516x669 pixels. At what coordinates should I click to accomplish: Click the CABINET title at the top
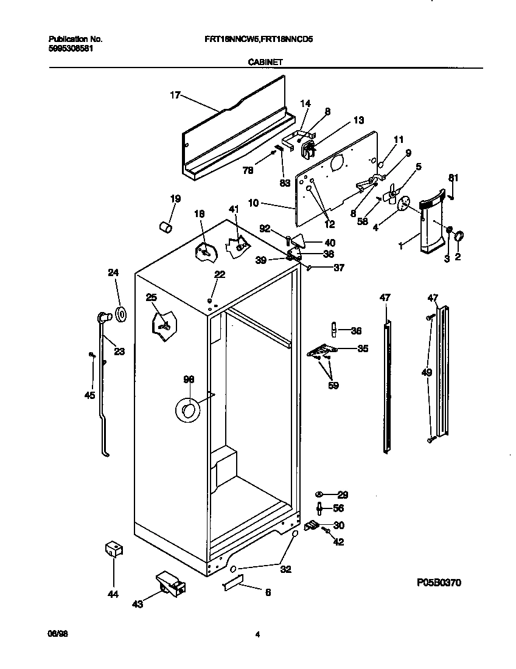264,61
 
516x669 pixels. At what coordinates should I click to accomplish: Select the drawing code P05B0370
439,583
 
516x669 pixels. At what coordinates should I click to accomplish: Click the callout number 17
175,95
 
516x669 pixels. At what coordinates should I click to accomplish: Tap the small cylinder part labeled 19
164,227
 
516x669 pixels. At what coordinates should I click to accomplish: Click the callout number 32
285,570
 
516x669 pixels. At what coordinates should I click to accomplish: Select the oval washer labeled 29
319,495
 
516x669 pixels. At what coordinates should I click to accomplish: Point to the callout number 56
339,508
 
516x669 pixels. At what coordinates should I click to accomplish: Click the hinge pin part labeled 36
333,330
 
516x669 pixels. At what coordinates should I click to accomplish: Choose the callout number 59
333,385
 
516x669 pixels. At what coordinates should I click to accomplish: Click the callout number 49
427,372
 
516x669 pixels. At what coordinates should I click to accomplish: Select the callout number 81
452,178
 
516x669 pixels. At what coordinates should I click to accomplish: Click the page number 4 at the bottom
257,634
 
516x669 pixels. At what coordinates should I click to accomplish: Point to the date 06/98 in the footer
56,634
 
